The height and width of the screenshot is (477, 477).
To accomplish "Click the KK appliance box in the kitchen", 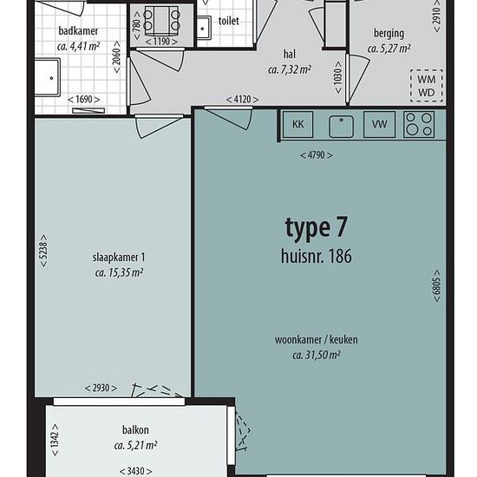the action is coord(297,124).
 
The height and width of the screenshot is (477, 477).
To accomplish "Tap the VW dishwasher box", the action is coord(379,124).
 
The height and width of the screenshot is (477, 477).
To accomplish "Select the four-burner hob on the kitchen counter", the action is coord(419,124).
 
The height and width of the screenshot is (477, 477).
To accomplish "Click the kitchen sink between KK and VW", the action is coord(342,127).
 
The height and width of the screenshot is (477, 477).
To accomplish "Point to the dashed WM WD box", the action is coord(426,86).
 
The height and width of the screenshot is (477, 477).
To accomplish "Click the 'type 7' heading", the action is coord(316,228).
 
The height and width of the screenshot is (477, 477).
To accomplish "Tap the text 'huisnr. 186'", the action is coord(316,256).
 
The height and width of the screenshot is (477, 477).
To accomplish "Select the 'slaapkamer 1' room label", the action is coord(119,258).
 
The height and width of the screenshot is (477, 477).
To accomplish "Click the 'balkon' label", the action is coord(135,430).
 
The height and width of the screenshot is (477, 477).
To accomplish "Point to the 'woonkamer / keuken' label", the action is coord(316,339).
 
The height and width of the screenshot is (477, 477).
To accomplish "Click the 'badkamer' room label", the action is coord(78,30).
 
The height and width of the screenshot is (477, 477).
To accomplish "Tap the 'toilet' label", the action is coord(228,21).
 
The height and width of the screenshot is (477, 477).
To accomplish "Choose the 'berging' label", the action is coord(389,34).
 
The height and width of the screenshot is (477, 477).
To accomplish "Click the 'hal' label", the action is coord(290,54).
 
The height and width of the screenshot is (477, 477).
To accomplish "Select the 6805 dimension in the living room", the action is coord(436,285).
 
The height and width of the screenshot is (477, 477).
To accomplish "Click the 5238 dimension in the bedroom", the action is coord(44,251).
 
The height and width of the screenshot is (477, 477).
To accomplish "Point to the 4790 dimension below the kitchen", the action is coord(316,155).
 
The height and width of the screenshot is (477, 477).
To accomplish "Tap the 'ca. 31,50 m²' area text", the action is coord(316,355).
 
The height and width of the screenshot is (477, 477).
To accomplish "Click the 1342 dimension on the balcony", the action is coord(55,440).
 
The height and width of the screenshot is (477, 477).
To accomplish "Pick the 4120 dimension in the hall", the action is coord(243,100).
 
